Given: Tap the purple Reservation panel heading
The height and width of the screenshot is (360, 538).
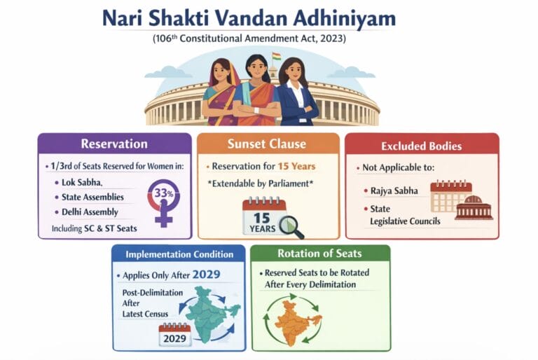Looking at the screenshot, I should (x=114, y=144).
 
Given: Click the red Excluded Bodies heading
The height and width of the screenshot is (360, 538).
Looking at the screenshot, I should (x=422, y=146).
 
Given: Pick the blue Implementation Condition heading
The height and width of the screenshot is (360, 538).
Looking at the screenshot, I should (x=179, y=254).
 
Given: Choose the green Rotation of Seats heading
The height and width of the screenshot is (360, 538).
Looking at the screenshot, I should (x=320, y=254).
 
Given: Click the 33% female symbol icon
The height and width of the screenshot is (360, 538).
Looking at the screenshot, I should (x=163, y=200).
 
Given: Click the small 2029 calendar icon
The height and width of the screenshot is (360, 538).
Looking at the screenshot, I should (x=175, y=335).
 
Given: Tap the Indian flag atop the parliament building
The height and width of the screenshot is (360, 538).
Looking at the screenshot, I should (x=276, y=57).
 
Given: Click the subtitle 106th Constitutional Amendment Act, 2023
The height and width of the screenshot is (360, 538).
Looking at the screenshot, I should (x=269, y=39).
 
